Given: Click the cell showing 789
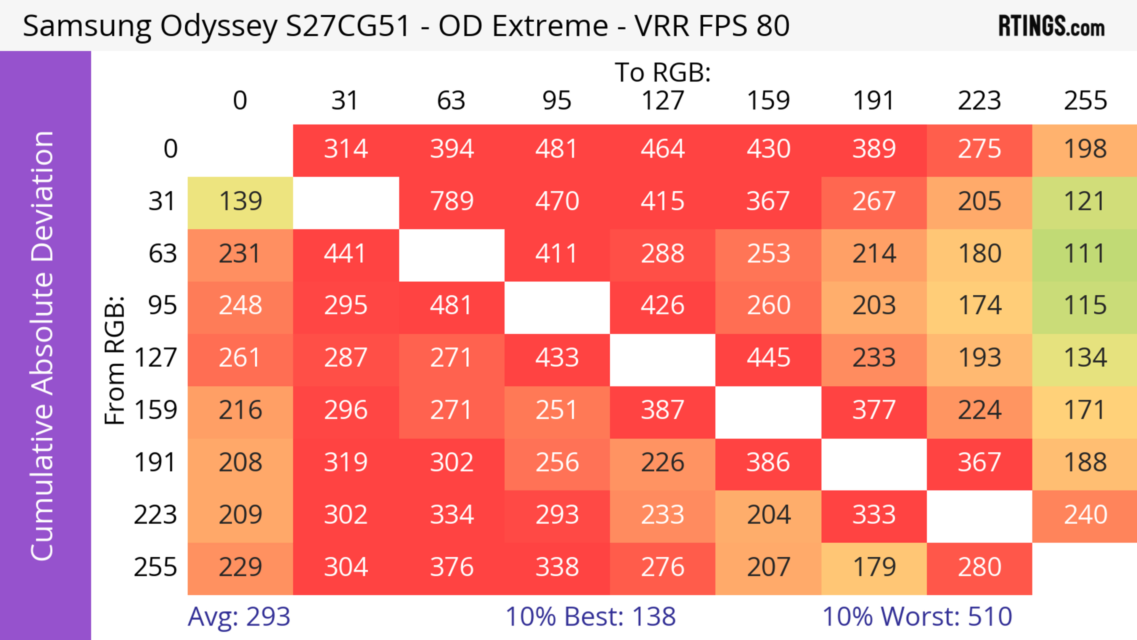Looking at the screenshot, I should tap(452, 202).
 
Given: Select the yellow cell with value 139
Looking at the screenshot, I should tap(240, 202).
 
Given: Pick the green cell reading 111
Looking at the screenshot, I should tap(1085, 254).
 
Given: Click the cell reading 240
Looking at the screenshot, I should tap(1085, 515).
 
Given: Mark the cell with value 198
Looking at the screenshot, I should tap(1085, 149).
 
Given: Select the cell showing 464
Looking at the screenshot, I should tap(663, 149).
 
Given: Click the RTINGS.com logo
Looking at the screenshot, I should tap(1051, 26).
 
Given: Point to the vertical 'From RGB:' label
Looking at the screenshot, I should tap(115, 360).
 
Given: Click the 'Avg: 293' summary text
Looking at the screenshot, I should tap(239, 617).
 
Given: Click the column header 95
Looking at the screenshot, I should tap(557, 101).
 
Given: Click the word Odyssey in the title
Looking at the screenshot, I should tap(219, 26).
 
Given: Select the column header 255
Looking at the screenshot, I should tap(1085, 101).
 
